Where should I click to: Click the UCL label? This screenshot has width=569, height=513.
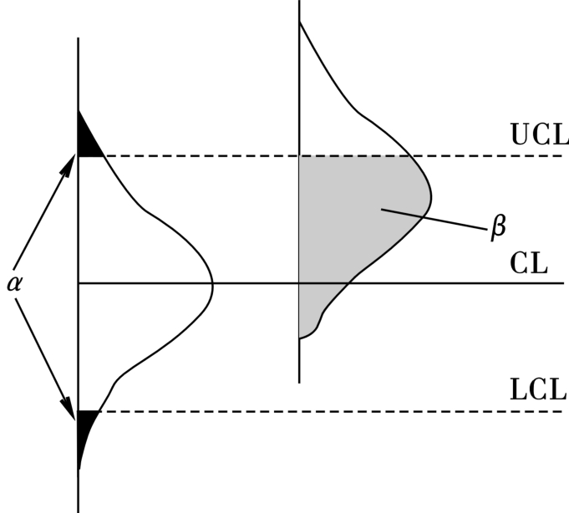click(x=537, y=135)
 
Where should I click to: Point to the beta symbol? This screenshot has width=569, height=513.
click(x=500, y=226)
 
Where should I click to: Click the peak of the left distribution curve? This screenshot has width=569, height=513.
click(x=213, y=284)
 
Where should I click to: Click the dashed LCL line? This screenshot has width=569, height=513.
click(x=334, y=411)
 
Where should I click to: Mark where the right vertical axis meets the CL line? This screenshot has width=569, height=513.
click(x=299, y=283)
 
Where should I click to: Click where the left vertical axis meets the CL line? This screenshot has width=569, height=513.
click(x=78, y=283)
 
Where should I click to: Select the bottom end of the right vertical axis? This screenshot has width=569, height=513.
click(x=299, y=381)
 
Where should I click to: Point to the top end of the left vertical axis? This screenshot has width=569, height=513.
click(x=78, y=38)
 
